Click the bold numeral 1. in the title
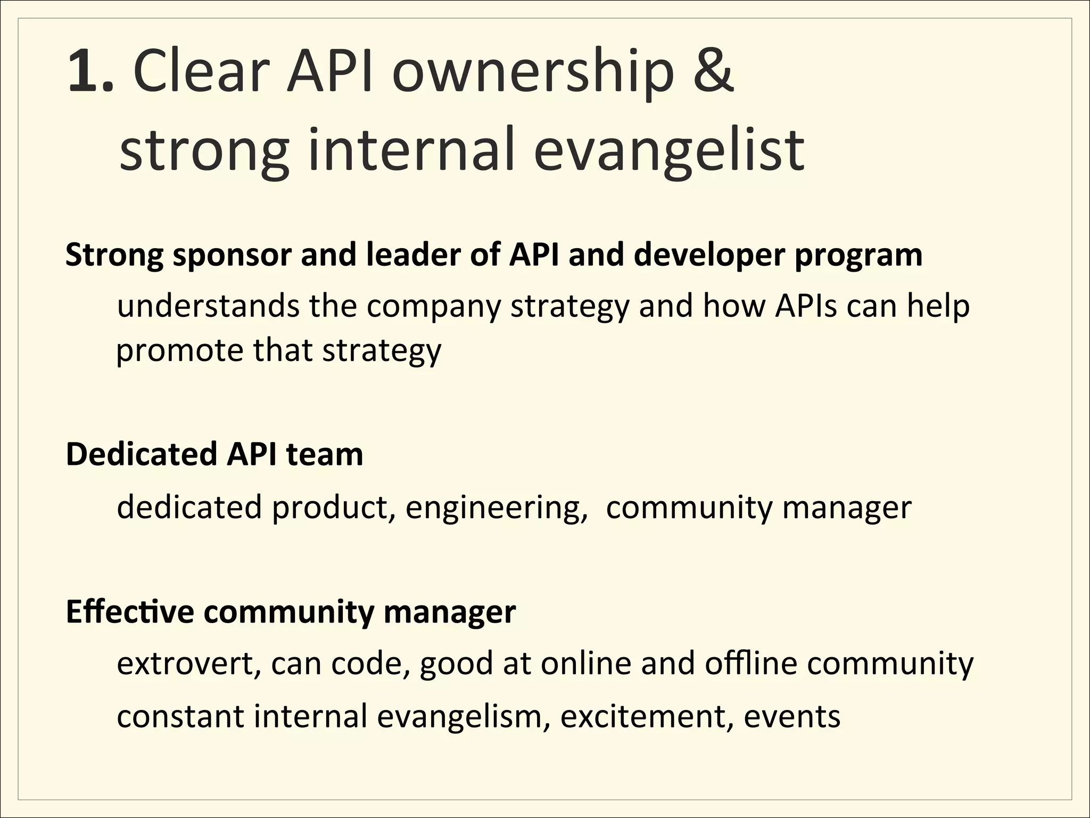pyautogui.click(x=90, y=72)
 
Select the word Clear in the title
pyautogui.click(x=199, y=72)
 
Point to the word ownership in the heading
pyautogui.click(x=533, y=75)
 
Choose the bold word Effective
pyautogui.click(x=130, y=611)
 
